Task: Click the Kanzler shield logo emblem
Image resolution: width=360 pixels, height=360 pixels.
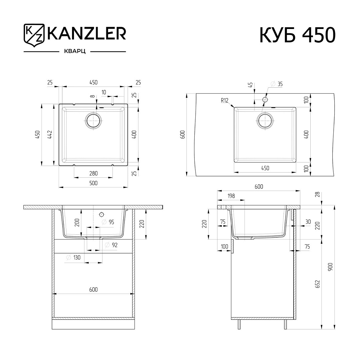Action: click(34, 35)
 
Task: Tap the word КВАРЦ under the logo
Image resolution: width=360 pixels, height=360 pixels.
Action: click(75, 51)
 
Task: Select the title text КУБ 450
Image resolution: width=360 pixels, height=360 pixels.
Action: click(298, 35)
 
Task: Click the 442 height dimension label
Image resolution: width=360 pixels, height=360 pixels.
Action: click(50, 135)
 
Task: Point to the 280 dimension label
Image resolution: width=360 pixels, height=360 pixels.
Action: click(93, 173)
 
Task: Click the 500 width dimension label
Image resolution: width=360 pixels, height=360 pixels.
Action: click(93, 183)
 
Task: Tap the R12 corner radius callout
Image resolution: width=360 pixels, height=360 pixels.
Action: click(225, 100)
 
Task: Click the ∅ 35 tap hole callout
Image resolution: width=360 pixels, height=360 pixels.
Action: click(277, 84)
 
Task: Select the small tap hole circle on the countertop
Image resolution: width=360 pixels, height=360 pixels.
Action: click(265, 100)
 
